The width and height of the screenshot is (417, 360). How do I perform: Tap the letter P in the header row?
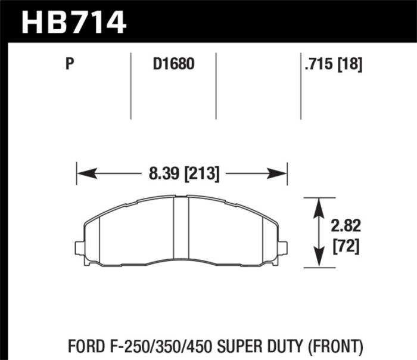point(70,64)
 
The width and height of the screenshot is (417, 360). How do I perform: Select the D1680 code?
point(173,64)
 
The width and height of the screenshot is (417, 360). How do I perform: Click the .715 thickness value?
point(319,64)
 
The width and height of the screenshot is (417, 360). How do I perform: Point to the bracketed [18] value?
point(350,64)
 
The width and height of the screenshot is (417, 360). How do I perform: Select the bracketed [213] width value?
point(203,175)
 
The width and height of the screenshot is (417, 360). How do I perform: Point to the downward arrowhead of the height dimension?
point(319,260)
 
